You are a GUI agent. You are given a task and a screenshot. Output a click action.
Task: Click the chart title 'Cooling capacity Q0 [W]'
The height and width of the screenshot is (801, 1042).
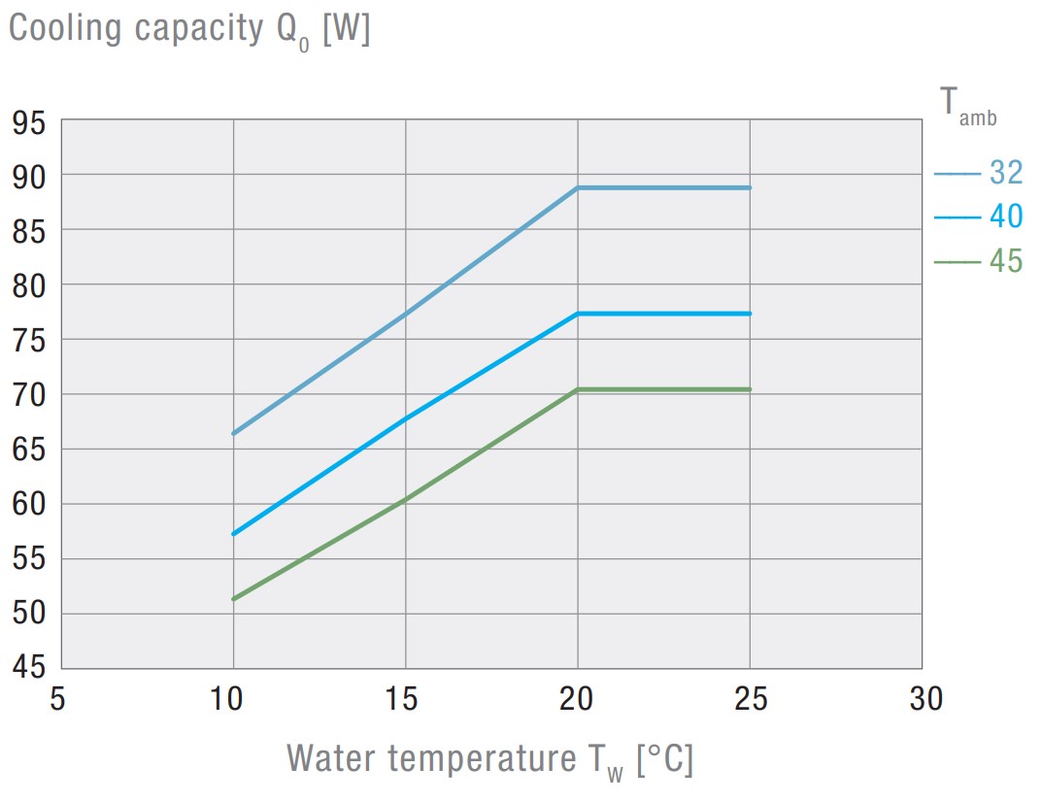189,30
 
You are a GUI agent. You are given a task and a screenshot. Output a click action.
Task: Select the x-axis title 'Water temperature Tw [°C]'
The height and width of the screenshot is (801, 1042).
489,758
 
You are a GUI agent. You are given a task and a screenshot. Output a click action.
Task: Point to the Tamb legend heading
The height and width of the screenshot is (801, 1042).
967,105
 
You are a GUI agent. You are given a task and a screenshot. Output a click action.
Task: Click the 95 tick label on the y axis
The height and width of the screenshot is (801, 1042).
30,122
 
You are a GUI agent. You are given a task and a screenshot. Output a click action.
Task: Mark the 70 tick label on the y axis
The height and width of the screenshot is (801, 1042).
30,395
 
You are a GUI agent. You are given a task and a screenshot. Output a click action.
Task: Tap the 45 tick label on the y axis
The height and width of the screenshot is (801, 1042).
30,668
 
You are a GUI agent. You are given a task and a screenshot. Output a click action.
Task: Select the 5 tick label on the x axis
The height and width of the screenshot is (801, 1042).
59,699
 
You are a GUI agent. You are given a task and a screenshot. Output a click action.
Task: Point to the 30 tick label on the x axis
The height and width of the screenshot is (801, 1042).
923,699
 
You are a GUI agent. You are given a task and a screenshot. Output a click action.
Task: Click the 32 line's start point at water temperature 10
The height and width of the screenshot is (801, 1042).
233,433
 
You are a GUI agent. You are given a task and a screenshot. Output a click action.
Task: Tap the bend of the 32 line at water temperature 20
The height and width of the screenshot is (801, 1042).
578,187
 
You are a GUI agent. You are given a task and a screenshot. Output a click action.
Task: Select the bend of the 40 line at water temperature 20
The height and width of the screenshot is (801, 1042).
578,314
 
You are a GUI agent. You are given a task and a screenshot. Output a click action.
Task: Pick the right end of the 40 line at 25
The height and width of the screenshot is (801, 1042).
750,314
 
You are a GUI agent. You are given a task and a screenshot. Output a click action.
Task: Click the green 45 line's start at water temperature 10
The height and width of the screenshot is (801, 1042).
233,599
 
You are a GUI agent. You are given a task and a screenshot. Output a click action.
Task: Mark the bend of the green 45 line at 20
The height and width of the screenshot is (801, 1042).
578,389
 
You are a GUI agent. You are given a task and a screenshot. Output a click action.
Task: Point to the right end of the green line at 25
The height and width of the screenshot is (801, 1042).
750,389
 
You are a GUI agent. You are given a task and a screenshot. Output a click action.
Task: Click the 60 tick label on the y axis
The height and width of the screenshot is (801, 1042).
30,505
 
